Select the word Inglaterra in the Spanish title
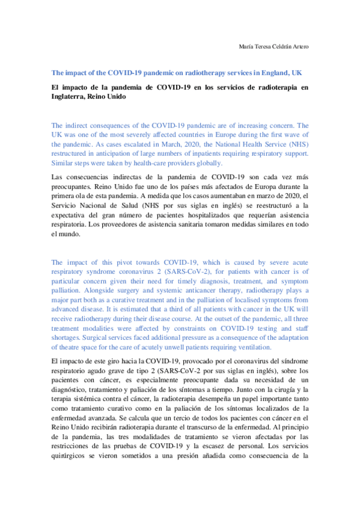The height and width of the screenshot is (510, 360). [x=70, y=97]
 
